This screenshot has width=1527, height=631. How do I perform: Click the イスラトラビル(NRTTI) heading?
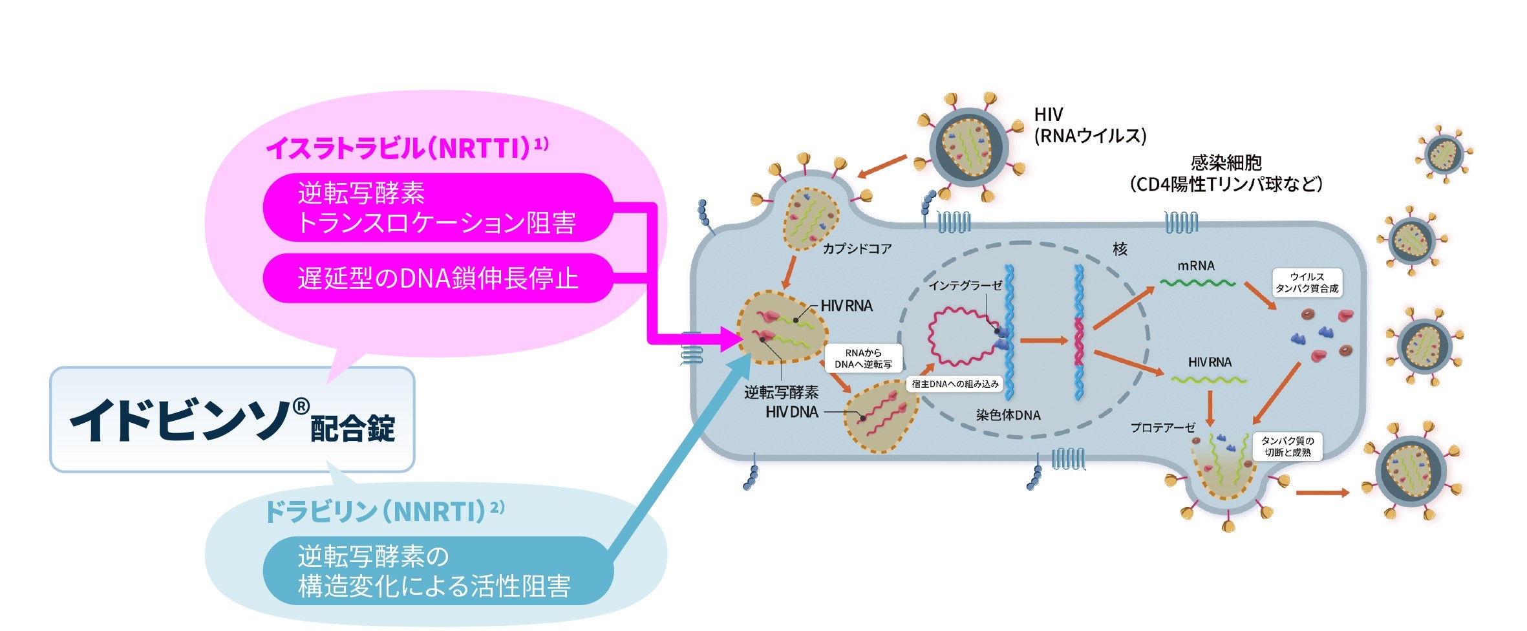(x=407, y=148)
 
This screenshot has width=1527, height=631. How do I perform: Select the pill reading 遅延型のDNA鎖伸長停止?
(x=438, y=278)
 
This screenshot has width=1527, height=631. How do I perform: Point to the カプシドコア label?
(x=857, y=249)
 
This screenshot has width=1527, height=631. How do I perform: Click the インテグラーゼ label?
(x=965, y=285)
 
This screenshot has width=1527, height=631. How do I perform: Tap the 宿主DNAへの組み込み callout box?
(x=955, y=384)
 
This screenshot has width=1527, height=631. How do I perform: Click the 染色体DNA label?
(x=1008, y=415)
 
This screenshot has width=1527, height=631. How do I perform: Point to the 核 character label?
(x=1120, y=250)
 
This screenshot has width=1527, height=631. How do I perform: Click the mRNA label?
(x=1196, y=266)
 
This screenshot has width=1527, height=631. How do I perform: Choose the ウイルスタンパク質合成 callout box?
(x=1307, y=283)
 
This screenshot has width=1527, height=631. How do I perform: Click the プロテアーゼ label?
(x=1162, y=427)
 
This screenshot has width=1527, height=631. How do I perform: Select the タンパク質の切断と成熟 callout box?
(x=1287, y=446)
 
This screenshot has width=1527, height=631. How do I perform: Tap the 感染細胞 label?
(x=1226, y=163)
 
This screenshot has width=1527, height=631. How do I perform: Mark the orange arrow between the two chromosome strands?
(x=1042, y=340)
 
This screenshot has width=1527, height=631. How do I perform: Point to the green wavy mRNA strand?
(x=1197, y=283)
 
